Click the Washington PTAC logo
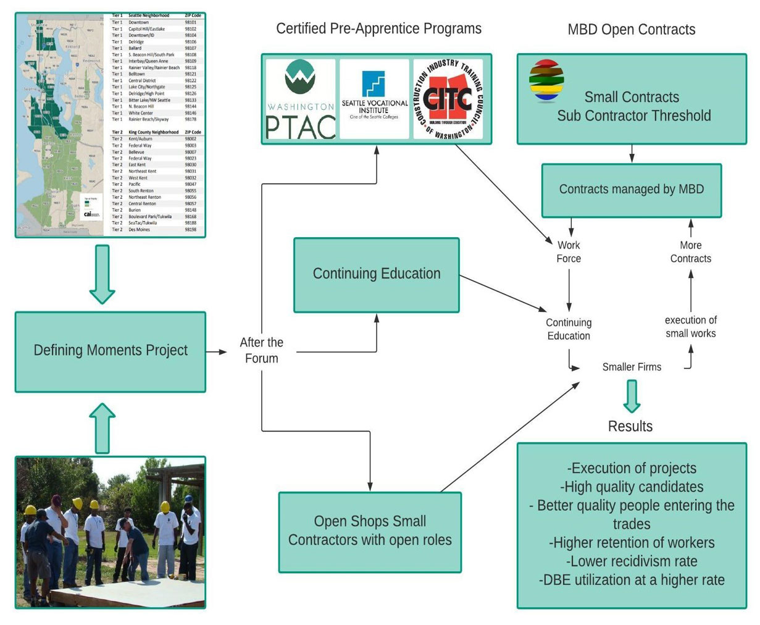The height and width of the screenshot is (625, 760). [301, 99]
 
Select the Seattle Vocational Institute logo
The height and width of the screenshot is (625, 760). [375, 99]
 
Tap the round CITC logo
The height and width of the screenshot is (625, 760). [448, 99]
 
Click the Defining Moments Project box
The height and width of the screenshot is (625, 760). [111, 351]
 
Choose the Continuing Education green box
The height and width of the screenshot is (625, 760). [377, 274]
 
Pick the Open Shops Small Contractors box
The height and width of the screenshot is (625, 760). [370, 531]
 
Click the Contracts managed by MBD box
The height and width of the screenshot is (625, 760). [632, 190]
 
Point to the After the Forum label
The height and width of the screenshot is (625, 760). [262, 350]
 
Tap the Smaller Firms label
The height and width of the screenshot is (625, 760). [632, 367]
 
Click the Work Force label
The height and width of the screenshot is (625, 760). [569, 252]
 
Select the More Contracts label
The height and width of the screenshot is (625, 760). [691, 252]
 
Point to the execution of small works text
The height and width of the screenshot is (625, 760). [691, 327]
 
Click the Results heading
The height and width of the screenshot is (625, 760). [630, 426]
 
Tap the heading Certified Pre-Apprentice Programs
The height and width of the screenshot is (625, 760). [378, 28]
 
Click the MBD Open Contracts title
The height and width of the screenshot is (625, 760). [632, 30]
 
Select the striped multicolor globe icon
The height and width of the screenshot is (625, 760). [546, 81]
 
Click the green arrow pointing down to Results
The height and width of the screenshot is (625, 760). [631, 396]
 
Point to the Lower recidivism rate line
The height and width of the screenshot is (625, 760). [632, 561]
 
